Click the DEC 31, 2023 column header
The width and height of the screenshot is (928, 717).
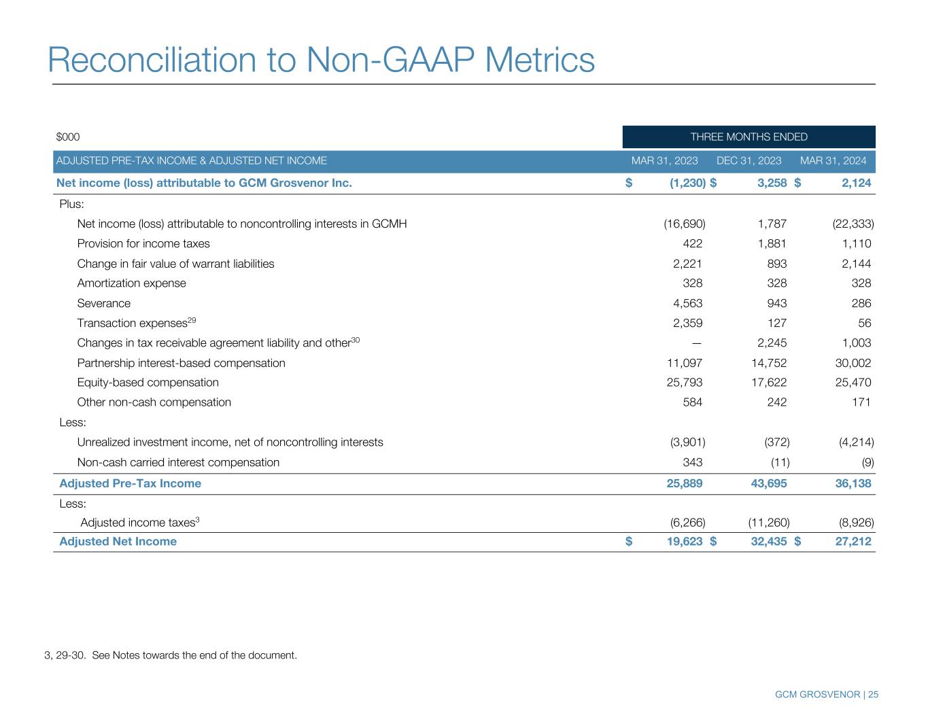pos(749,160)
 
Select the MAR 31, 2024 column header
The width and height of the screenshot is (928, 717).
pos(833,160)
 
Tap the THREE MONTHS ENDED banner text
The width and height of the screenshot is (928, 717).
pos(749,137)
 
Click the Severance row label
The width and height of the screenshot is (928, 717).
pos(104,303)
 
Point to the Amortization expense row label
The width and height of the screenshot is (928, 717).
pos(131,283)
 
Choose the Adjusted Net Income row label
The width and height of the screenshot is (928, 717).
pos(118,541)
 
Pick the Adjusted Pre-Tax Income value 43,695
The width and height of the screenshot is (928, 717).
pos(769,483)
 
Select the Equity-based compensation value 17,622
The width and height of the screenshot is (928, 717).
pos(769,383)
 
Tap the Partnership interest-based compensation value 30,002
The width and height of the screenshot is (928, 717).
pos(853,363)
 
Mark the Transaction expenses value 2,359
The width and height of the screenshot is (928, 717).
pos(687,323)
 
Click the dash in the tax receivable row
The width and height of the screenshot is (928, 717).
pos(697,343)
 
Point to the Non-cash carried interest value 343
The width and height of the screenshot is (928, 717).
pos(692,462)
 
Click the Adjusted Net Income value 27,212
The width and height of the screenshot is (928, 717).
pos(853,541)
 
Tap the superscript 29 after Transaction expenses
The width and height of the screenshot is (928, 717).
pos(192,319)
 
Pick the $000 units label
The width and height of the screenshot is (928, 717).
pos(68,137)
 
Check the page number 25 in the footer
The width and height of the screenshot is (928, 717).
pos(873,695)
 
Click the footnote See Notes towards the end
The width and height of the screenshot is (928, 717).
pos(194,655)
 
